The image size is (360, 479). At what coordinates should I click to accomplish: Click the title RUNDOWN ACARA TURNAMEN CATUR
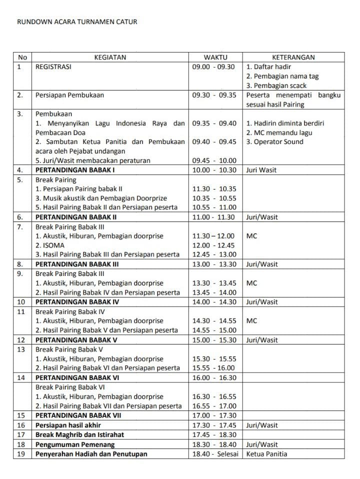tap(77, 22)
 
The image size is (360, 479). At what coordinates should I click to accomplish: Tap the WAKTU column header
tap(215, 57)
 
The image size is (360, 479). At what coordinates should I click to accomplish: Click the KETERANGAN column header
tap(293, 57)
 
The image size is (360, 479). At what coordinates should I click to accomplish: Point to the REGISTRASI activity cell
tap(53, 66)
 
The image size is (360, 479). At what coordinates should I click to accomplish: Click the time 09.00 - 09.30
tap(213, 66)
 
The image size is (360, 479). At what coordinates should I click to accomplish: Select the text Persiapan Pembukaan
tap(69, 95)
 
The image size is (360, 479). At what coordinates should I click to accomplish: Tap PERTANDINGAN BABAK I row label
tap(75, 170)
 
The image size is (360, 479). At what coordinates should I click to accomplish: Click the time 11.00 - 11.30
tap(214, 217)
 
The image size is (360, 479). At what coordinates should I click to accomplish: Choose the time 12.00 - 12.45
tap(214, 245)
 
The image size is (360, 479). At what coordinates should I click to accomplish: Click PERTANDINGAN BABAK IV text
tap(77, 302)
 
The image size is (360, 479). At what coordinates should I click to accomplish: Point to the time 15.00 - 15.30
tap(214, 340)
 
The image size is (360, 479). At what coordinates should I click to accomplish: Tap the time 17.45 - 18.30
tap(214, 434)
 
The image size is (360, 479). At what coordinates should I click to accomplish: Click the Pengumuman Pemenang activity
tap(75, 444)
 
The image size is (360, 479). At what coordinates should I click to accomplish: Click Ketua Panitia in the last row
tap(267, 453)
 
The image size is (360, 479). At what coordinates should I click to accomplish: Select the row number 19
tap(21, 453)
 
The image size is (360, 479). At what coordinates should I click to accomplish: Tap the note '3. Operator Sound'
tap(275, 141)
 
